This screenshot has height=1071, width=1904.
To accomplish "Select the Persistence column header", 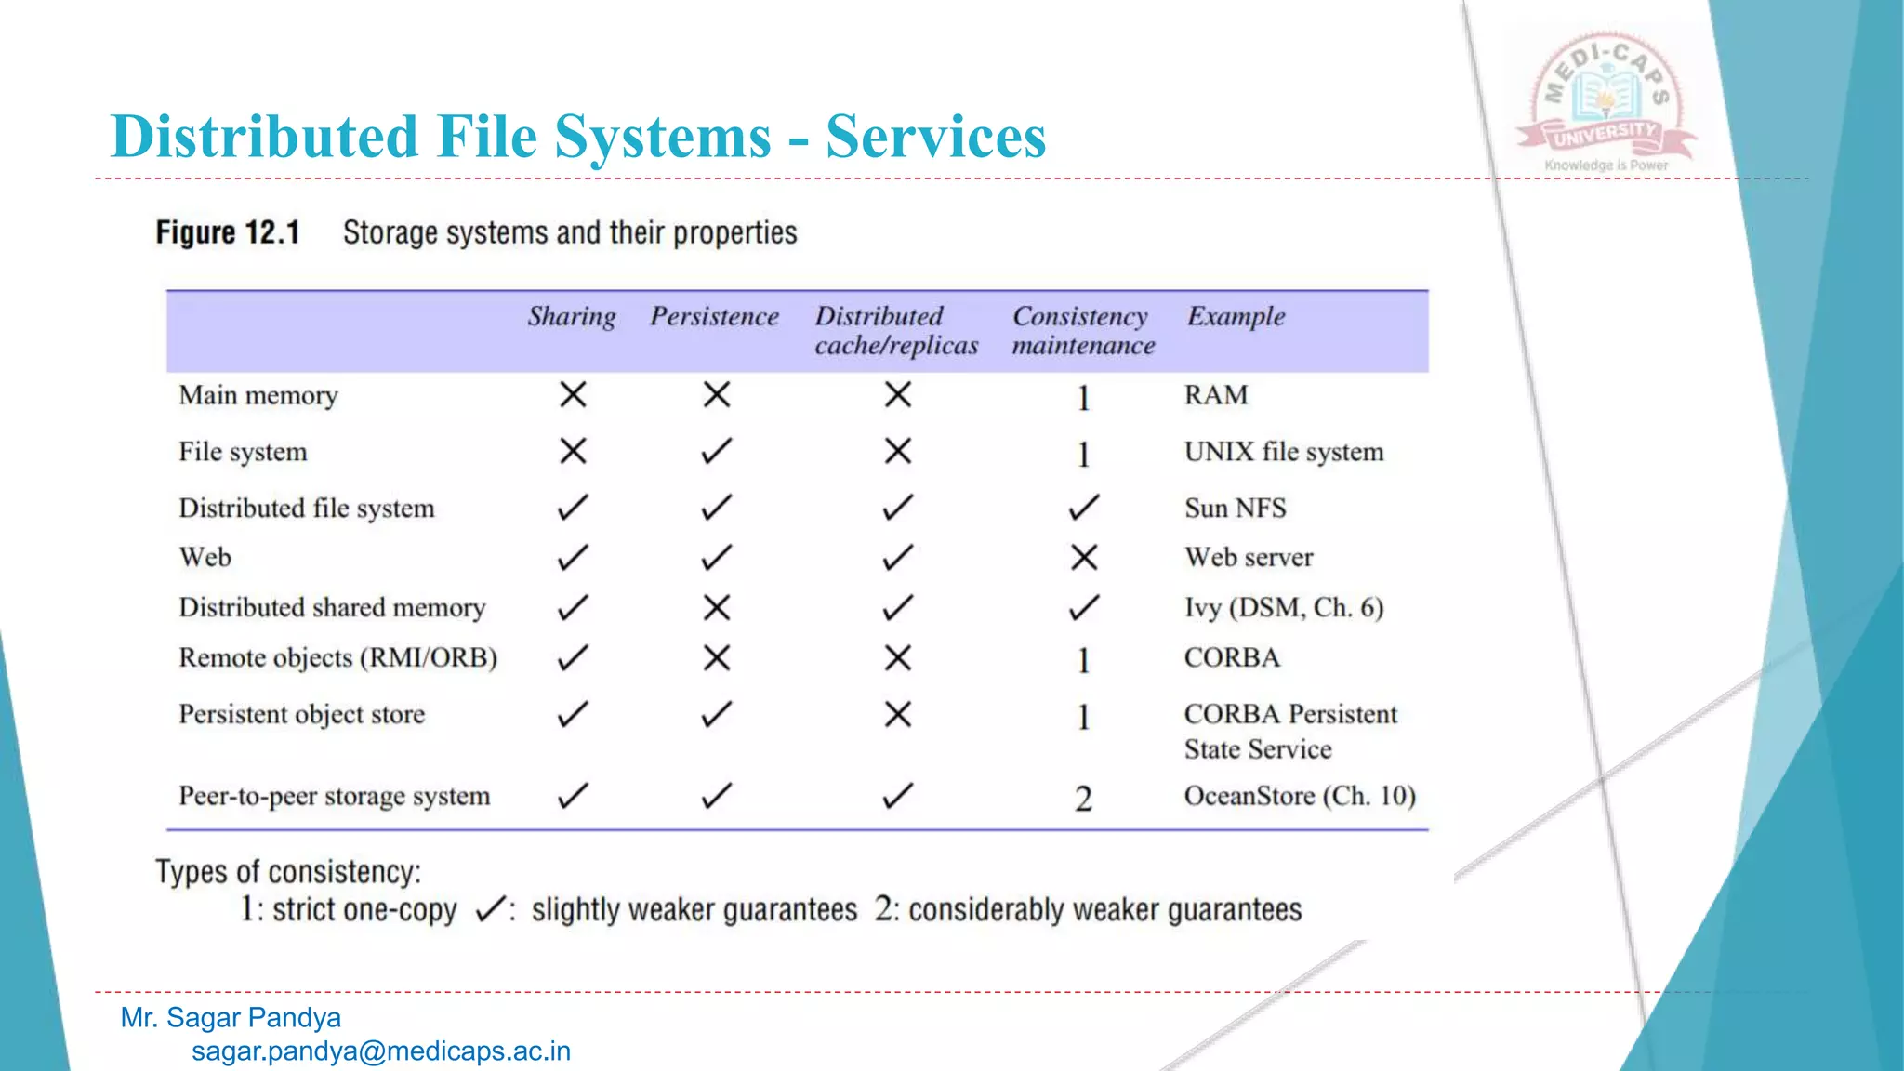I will coord(714,317).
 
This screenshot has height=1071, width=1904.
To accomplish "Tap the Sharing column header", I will coord(572,317).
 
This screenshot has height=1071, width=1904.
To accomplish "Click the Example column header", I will coord(1236,317).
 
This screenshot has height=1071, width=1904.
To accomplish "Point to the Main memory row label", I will coord(258,396).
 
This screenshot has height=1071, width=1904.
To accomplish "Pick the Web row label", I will coord(205,557).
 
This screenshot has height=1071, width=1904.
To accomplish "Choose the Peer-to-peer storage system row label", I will coord(334,797).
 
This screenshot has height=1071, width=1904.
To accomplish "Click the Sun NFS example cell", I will coord(1235,509).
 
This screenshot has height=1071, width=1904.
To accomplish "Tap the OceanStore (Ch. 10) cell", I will coord(1299,797).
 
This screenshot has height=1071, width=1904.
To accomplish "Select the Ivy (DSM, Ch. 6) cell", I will coord(1283,608).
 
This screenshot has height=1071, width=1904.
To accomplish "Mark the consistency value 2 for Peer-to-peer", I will coord(1083,799).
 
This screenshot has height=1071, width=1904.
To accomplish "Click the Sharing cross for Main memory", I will coord(573,395).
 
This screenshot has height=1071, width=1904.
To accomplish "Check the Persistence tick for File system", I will coord(716,452).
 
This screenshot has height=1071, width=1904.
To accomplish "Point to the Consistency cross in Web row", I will coord(1084,558).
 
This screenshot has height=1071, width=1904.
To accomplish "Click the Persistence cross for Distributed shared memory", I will coord(716,608).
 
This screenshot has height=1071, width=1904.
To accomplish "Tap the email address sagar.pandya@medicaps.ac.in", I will coord(381,1051).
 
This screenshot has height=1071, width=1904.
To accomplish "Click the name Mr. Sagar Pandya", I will coord(231,1018).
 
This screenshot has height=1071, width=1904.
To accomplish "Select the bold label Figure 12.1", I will coord(228,232).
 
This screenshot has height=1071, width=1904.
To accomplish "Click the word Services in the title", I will coord(935,137).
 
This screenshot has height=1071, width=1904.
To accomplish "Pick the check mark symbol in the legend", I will coord(491,908).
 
